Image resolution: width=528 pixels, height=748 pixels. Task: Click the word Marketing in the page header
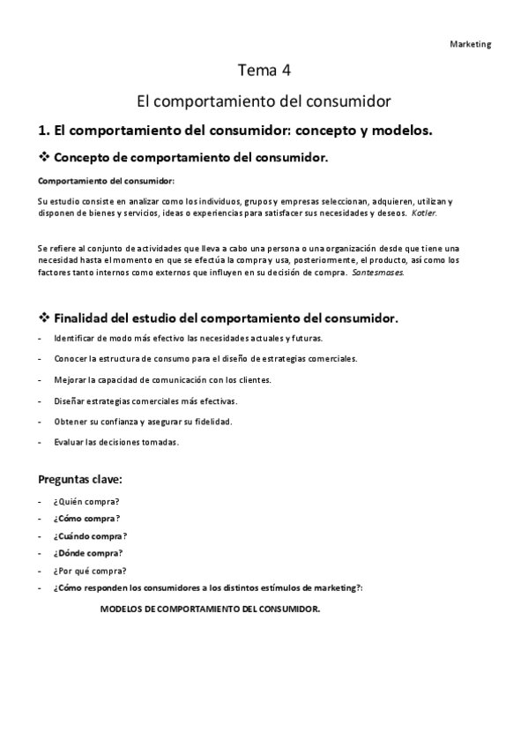click(471, 44)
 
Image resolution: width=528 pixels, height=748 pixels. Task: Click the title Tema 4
click(264, 70)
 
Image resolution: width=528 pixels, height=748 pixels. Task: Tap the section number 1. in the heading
click(45, 131)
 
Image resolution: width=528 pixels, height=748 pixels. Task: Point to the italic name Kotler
click(424, 213)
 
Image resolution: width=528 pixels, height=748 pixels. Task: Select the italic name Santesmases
click(379, 273)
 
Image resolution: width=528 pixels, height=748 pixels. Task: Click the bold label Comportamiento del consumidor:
click(107, 181)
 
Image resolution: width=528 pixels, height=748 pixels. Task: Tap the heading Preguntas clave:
click(80, 480)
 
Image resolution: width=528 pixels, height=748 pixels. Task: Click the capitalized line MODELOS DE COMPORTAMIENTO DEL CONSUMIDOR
click(211, 610)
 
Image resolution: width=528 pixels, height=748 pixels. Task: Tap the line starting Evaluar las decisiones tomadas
click(116, 442)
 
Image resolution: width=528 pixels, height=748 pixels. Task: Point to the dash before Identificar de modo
click(41, 338)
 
